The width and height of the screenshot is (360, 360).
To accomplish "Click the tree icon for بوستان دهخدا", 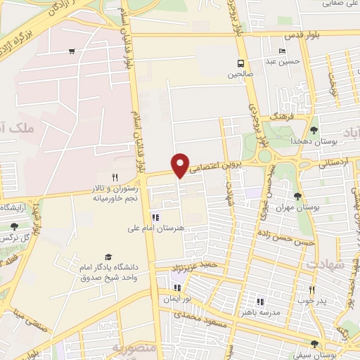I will pos(314,129).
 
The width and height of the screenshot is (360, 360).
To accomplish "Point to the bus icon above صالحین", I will pos(240,62).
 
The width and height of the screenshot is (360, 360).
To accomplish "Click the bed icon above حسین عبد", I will pos(282,51).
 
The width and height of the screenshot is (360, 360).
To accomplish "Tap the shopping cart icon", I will pos(72,51).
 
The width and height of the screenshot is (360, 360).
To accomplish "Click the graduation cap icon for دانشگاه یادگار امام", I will pos(108,257).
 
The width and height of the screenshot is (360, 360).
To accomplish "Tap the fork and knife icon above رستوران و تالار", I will pos(115,177).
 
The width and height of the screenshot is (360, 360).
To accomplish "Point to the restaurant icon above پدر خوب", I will pos(313,289).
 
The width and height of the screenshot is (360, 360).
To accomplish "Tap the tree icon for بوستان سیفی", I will pos(314,344).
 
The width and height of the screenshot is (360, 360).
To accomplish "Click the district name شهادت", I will pos(326,264).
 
